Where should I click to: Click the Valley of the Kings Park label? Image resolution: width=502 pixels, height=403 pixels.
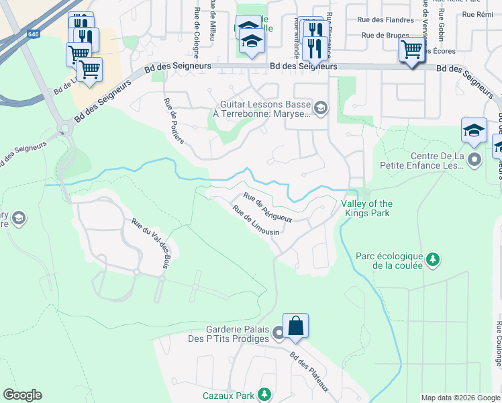click(x=366, y=208)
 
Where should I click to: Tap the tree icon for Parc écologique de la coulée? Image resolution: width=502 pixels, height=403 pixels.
click(x=434, y=259)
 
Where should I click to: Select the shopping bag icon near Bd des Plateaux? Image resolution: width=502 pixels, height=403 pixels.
click(x=295, y=326)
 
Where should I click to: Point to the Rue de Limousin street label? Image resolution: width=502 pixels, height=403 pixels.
click(x=256, y=220)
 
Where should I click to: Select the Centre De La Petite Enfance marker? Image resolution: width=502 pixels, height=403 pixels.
click(x=475, y=160)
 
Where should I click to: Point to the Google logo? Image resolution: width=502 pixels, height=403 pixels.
click(x=22, y=395)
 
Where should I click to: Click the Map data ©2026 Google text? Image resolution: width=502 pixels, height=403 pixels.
click(x=460, y=398)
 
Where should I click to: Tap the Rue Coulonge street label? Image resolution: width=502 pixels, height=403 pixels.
click(x=498, y=344)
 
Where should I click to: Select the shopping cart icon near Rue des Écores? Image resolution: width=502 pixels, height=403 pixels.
click(x=411, y=49)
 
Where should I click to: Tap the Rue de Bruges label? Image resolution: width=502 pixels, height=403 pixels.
click(x=383, y=35)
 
